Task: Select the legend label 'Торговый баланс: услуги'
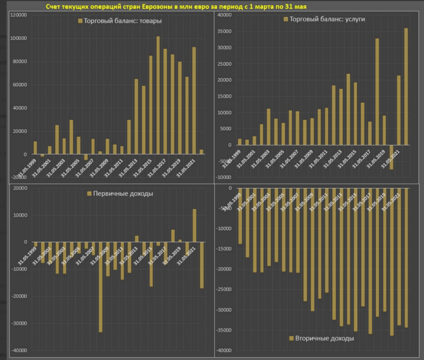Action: pos(327,19)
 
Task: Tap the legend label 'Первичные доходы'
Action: pos(123,194)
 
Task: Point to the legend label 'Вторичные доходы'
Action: pos(324,338)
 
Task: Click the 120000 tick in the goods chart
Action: pos(18,15)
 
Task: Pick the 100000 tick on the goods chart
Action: pos(18,38)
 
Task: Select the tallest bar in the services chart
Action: pos(406,87)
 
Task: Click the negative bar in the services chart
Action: pos(391,157)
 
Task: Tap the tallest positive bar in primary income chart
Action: pos(194,225)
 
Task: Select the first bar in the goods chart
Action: pos(35,148)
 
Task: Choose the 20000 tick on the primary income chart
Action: pos(19,188)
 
